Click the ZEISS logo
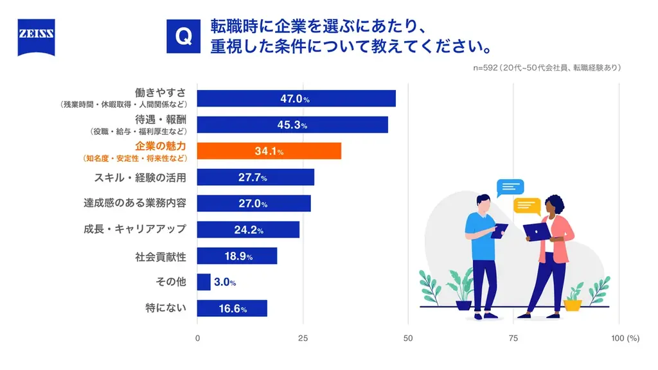click(x=36, y=37)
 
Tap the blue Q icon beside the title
click(x=183, y=36)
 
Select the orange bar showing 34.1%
click(x=269, y=151)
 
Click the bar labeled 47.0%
click(x=296, y=98)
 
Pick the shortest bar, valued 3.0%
click(x=204, y=282)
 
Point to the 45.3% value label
click(x=294, y=125)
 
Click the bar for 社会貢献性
click(x=236, y=256)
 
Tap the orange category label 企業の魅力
click(x=161, y=146)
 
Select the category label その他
click(x=171, y=282)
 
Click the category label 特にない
click(x=166, y=308)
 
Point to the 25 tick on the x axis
click(x=303, y=338)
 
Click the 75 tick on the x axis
click(x=513, y=338)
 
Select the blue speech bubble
click(x=510, y=188)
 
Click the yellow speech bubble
click(x=527, y=206)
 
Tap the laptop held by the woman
click(x=535, y=231)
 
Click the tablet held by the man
click(x=499, y=231)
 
